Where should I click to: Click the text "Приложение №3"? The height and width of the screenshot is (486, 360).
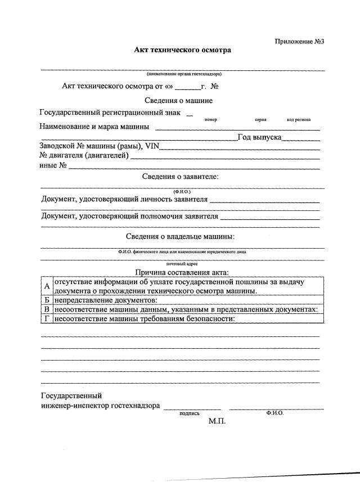point(300,42)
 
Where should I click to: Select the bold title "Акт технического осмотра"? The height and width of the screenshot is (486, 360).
point(182,50)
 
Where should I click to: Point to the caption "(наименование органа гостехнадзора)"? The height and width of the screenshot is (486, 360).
point(183,74)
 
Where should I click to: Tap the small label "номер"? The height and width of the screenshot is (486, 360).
point(211,120)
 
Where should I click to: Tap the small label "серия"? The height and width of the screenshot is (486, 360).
point(260,120)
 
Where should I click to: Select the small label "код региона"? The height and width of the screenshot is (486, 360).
point(298,120)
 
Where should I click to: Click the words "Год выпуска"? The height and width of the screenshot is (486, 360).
point(259,137)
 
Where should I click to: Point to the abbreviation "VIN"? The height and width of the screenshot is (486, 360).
point(152,146)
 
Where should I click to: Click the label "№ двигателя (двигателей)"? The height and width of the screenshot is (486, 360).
point(84,156)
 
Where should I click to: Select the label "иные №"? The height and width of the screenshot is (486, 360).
point(53,165)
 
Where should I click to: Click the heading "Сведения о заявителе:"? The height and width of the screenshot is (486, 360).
point(180,177)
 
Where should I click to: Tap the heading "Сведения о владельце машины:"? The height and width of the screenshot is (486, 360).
point(180,236)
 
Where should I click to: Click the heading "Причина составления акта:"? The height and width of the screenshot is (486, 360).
point(182,273)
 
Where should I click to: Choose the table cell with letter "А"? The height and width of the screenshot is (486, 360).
point(47,287)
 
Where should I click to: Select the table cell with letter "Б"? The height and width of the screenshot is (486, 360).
point(47,300)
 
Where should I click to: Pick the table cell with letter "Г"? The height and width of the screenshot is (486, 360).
point(47,319)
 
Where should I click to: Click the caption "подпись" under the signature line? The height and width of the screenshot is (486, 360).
point(189,413)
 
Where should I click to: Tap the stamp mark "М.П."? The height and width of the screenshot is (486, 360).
point(217,421)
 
